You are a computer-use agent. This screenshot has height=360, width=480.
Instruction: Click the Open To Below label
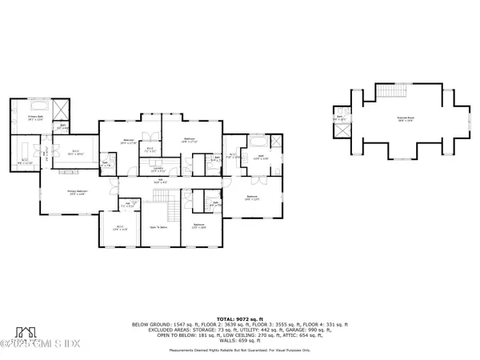click(x=158, y=227)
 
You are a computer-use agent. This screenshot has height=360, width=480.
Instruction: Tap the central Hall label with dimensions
click(x=160, y=181)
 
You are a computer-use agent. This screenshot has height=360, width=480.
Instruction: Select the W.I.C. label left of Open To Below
click(x=120, y=228)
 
